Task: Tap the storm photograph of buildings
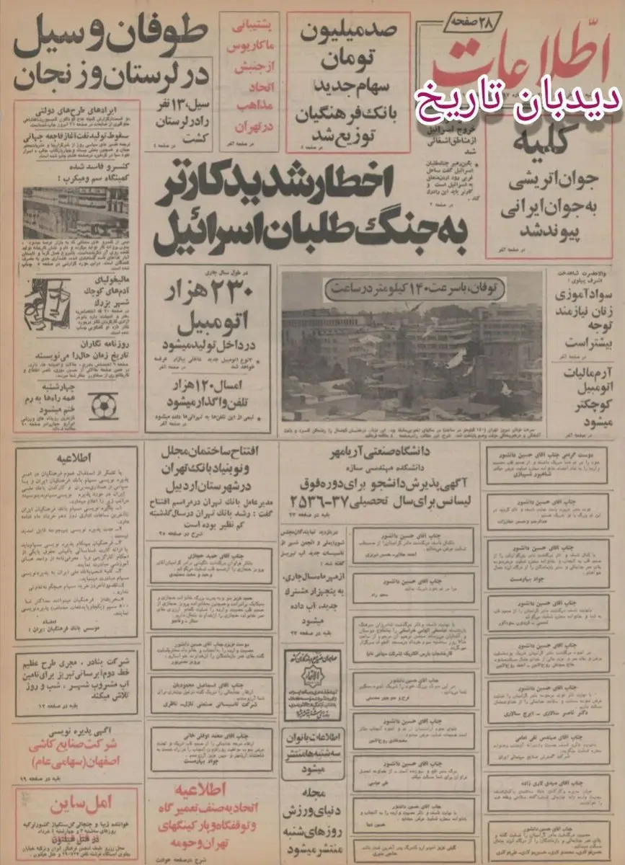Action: pos(411,353)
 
